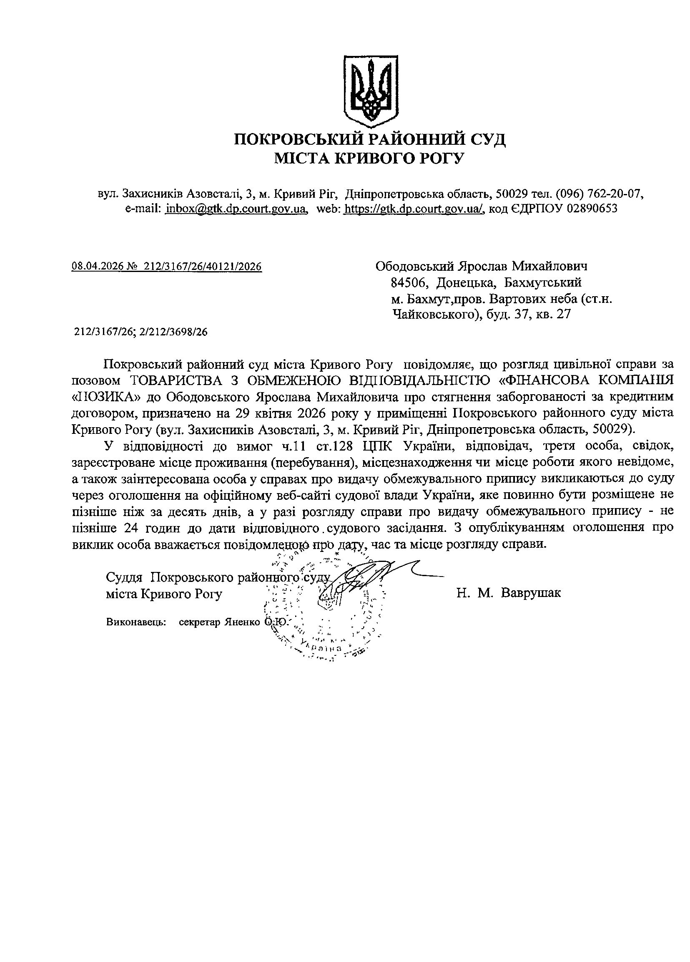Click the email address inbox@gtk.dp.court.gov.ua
click(x=236, y=208)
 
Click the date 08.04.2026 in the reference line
click(x=97, y=267)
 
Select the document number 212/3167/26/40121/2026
click(x=203, y=267)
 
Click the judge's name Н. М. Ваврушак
click(x=509, y=592)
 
